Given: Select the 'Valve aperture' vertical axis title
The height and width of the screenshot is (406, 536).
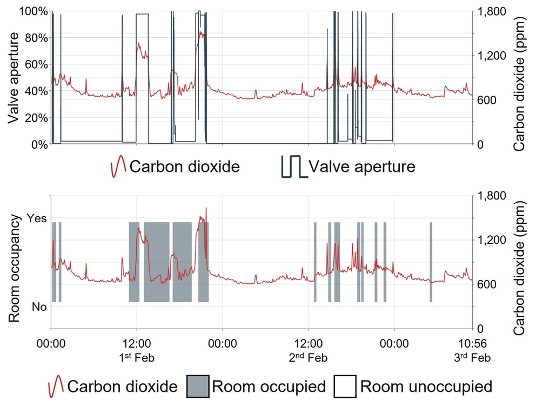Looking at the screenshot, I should (x=15, y=78).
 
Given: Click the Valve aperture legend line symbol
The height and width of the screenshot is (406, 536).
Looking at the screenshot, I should (x=293, y=167).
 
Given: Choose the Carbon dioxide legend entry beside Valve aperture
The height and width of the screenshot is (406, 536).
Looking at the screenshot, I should (x=174, y=167).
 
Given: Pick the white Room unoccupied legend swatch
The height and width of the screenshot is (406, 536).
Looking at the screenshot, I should (x=345, y=386).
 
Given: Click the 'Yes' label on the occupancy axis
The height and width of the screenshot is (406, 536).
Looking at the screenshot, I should (x=37, y=218).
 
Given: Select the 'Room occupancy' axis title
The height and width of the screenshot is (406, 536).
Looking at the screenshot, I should (x=15, y=268).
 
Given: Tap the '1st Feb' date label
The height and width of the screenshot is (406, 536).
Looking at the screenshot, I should (x=137, y=357).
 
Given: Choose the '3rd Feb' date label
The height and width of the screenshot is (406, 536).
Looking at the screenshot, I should (x=472, y=357).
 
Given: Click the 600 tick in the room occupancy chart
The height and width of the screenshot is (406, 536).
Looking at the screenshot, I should (x=488, y=284).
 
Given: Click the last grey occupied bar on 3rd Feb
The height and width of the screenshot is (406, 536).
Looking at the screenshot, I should (x=431, y=262).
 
